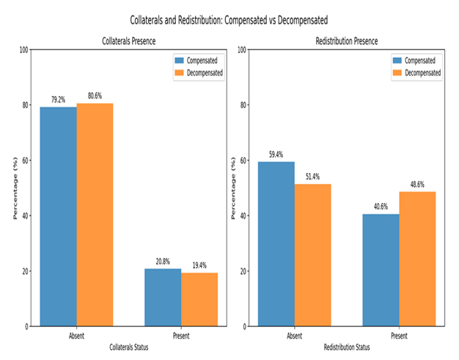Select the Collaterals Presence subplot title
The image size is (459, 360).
click(128, 43)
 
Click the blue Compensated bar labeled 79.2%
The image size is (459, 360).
click(58, 216)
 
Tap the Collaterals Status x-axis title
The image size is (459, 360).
click(129, 346)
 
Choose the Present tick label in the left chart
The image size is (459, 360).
click(180, 336)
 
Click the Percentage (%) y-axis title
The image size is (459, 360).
click(14, 188)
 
